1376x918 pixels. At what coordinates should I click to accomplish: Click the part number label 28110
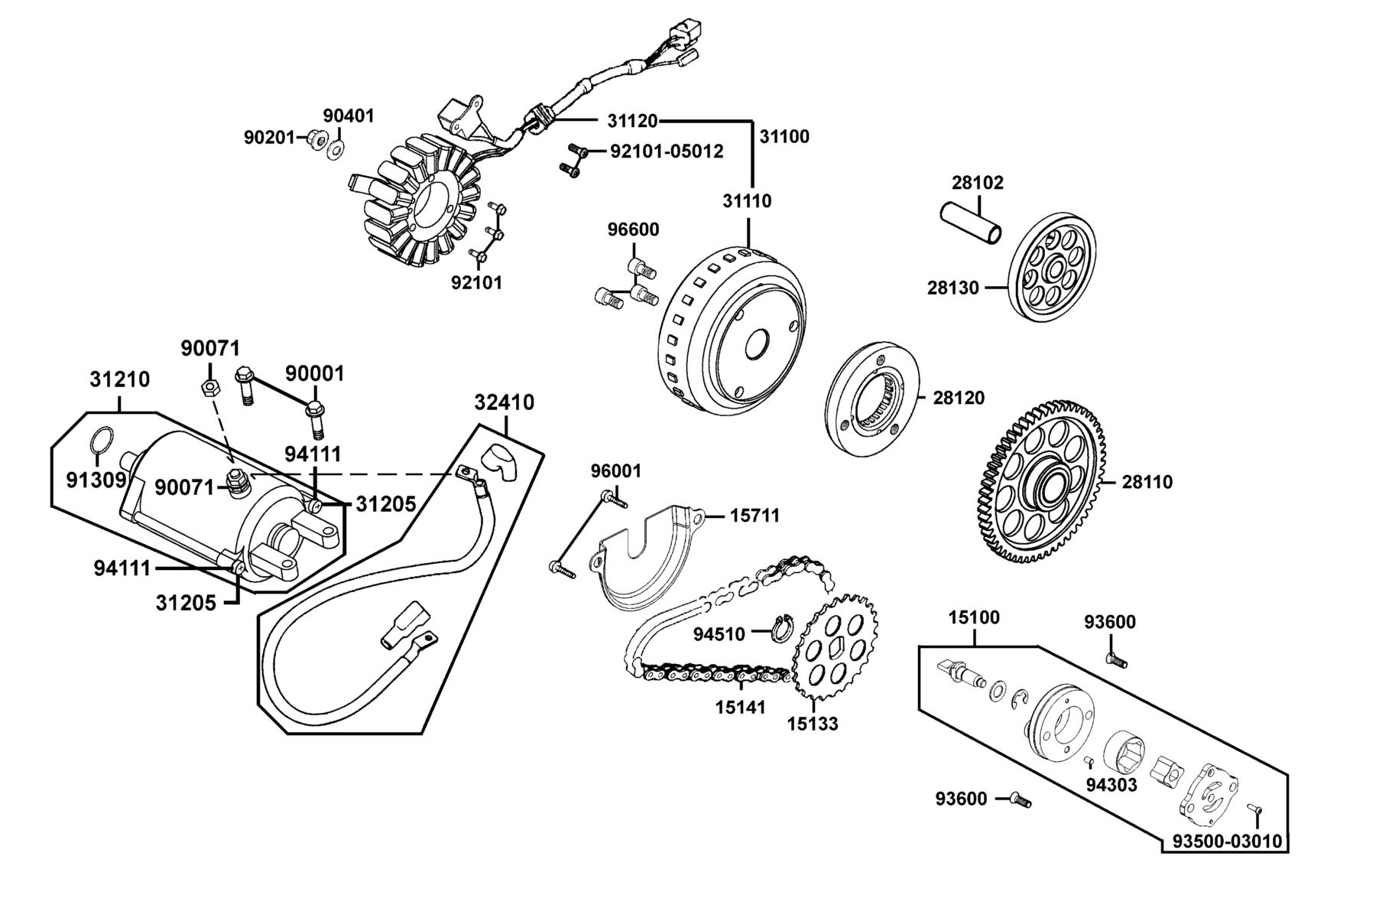coord(1147,482)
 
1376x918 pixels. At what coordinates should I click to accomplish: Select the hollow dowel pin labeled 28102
coord(971,223)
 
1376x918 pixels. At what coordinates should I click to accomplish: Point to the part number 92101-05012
coord(667,151)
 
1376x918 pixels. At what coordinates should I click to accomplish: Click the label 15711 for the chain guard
coord(755,516)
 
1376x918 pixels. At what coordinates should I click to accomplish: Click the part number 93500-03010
coord(1225,841)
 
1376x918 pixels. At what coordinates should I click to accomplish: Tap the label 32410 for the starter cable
coord(505,402)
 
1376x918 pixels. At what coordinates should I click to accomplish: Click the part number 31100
coord(784,136)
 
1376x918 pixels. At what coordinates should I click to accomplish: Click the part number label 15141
coord(741,707)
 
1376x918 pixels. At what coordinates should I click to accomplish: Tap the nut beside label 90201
coord(313,138)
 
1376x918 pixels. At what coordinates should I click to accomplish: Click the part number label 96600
coord(633,229)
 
